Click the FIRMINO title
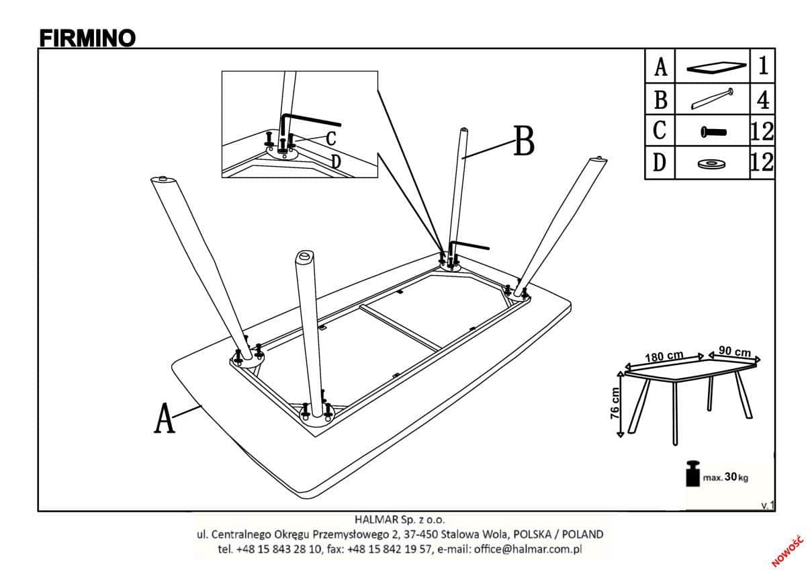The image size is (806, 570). point(87,38)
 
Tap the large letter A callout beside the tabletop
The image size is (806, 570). point(165,418)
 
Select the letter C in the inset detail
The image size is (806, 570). point(330,138)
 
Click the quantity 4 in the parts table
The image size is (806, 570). point(762,100)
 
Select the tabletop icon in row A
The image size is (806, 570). point(716,67)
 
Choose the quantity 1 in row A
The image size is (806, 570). point(763,67)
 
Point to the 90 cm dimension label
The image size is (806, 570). point(734,352)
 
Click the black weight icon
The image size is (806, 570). point(692,474)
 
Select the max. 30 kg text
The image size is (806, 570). point(725,478)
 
